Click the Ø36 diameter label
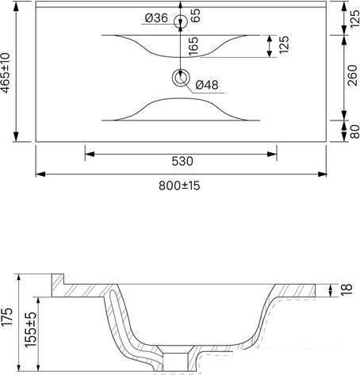pos(156,18)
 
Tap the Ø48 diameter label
pos(207,85)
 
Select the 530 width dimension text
pos(182,161)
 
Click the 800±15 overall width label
pos(179,186)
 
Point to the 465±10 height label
pos(6,73)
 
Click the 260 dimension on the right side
pos(353,75)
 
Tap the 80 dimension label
pos(354,132)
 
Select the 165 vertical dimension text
pos(193,46)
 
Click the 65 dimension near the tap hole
pos(195,15)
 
